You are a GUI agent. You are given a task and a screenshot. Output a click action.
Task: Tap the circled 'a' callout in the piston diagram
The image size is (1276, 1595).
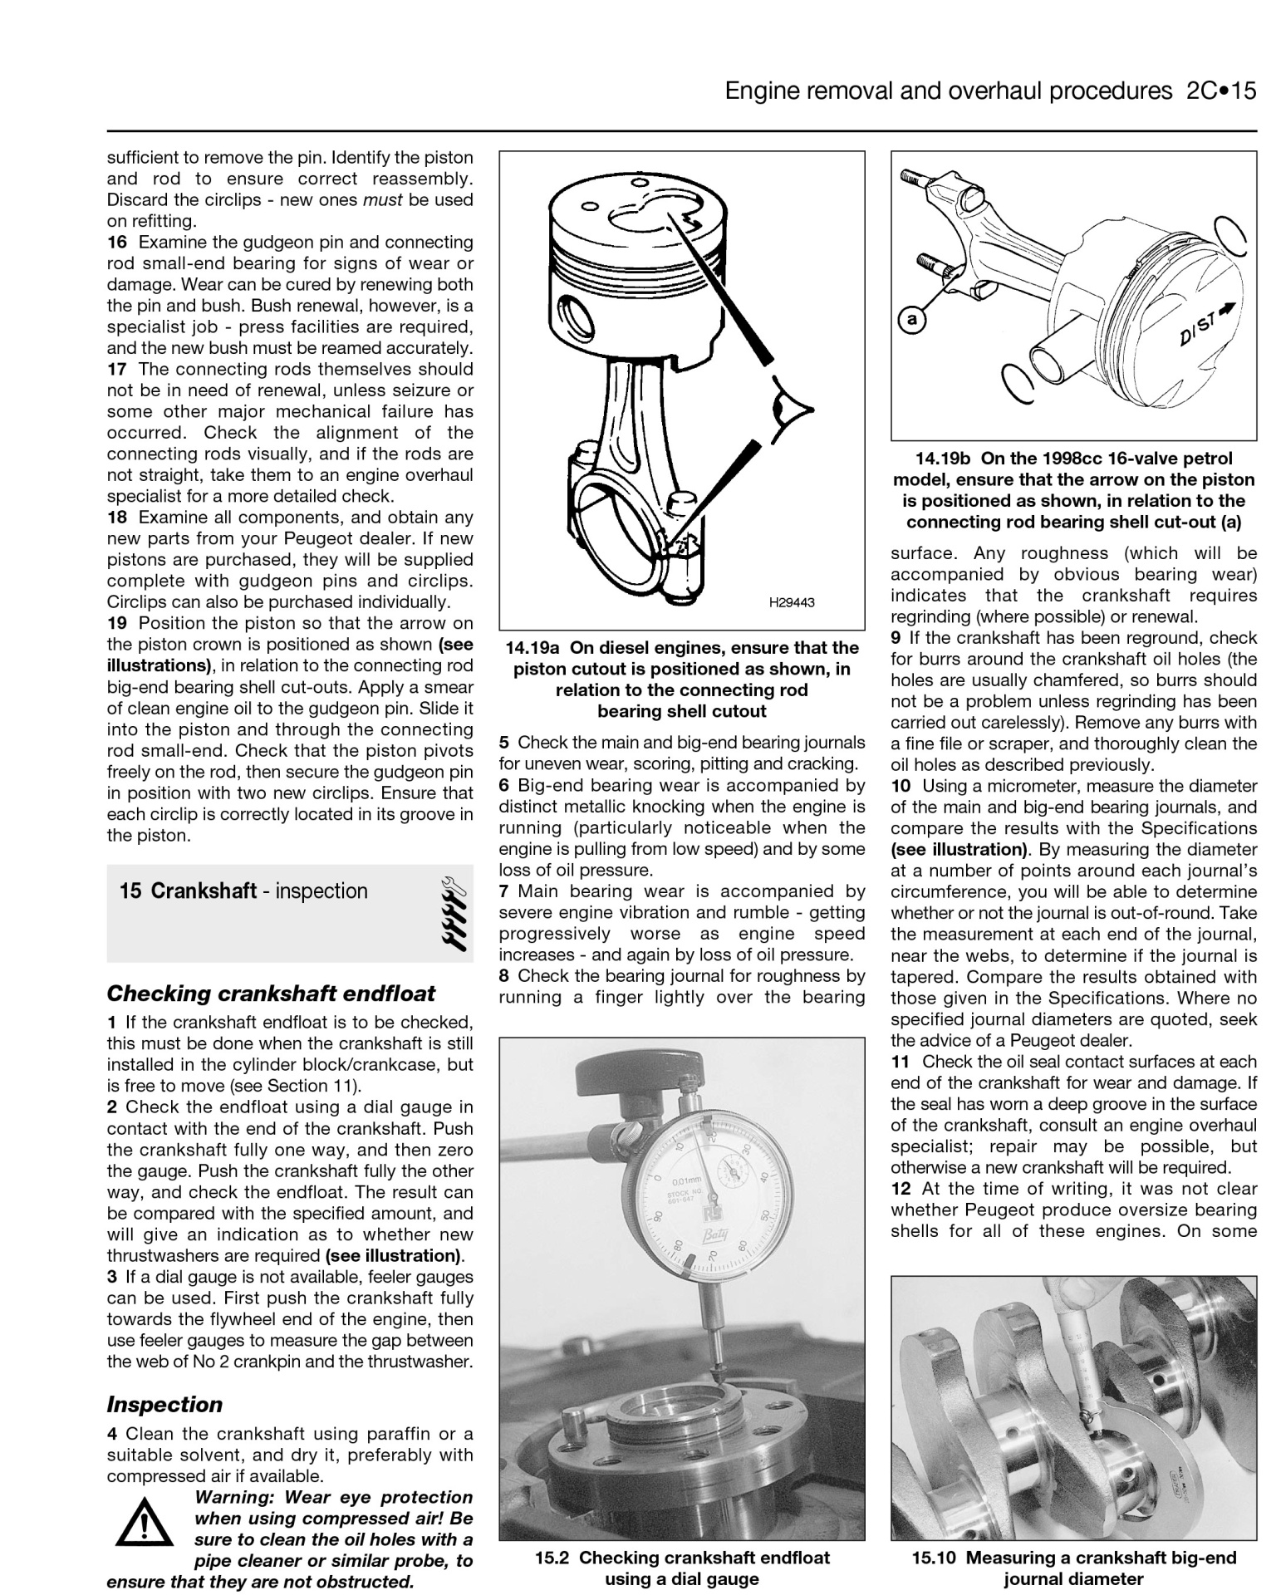tap(911, 319)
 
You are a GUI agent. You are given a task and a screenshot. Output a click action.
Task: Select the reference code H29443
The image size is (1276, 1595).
tap(791, 602)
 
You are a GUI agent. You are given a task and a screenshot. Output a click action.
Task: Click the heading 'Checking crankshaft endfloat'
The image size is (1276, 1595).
tap(271, 994)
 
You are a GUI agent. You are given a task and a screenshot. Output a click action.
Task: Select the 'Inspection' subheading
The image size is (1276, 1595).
tap(164, 1405)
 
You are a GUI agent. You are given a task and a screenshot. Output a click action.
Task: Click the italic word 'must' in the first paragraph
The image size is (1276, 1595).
tap(384, 200)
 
